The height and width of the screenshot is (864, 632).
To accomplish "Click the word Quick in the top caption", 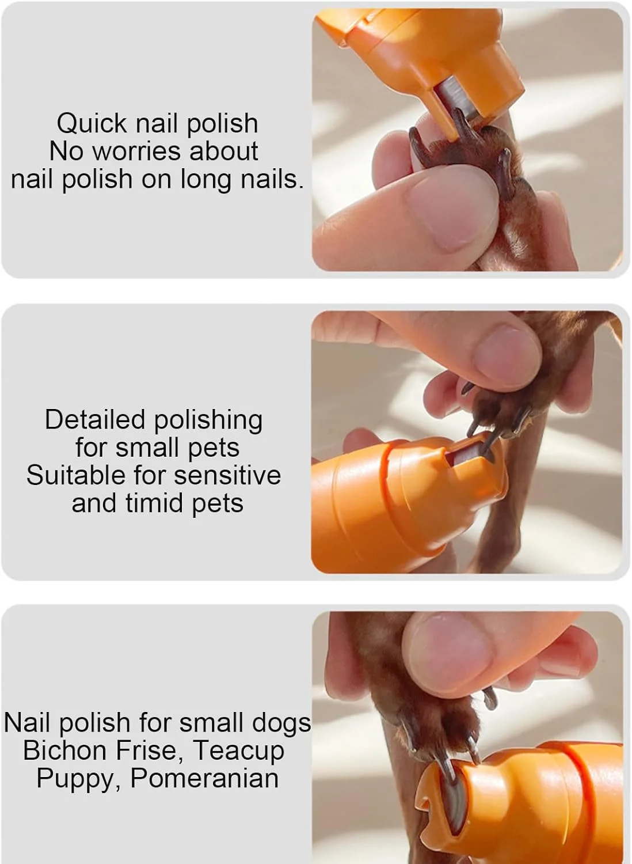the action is pos(92,124).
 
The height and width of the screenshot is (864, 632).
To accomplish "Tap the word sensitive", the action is pos(227,475).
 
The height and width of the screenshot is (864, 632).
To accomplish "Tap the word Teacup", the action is pos(239,751).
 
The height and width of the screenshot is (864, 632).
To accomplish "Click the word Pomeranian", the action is pos(205,778).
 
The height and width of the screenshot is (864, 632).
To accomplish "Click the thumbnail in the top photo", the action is pos(453,209).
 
